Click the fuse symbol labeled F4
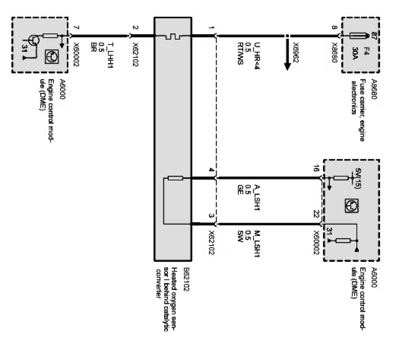point(361,35)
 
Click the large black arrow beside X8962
point(288,55)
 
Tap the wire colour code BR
point(93,46)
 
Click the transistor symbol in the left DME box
point(33,39)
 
